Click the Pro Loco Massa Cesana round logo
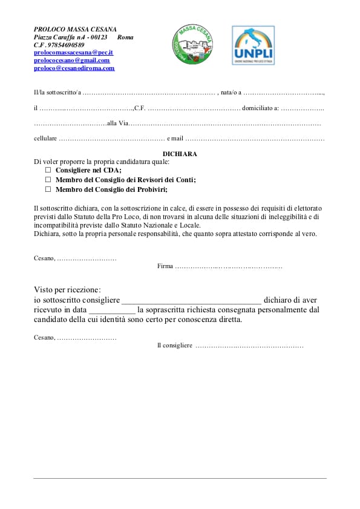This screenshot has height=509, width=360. [x=194, y=45]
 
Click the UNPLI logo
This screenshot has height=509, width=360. [x=253, y=45]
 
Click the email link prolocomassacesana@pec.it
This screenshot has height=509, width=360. [x=73, y=53]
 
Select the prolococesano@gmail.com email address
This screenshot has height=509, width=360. [x=71, y=61]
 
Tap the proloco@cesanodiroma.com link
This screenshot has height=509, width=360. [x=74, y=68]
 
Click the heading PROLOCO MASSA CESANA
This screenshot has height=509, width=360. [x=75, y=29]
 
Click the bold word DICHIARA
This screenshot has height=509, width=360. [x=180, y=154]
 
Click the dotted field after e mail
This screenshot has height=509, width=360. [x=255, y=139]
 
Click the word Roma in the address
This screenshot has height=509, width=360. [x=125, y=37]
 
